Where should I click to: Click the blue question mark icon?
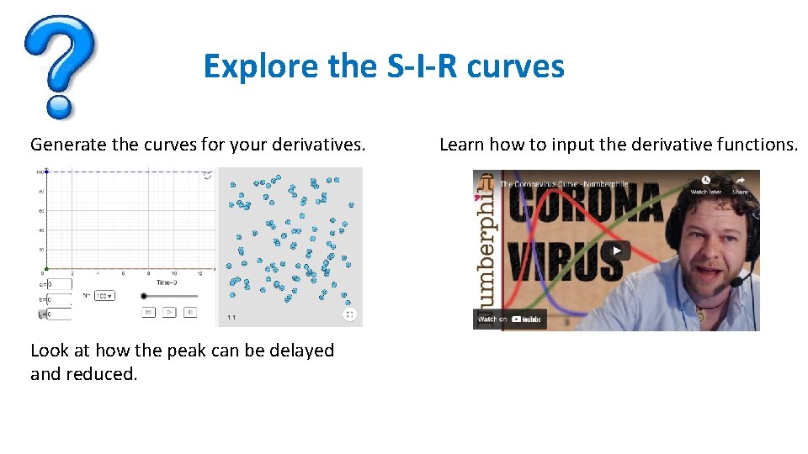pos(60,67)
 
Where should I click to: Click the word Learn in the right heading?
pos(461,145)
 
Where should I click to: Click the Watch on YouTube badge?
pos(510,319)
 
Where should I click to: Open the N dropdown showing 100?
pos(104,296)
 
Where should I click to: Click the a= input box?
pos(59,284)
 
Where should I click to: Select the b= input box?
pos(59,298)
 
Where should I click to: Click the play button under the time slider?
pos(169,313)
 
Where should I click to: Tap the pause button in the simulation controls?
pos(190,313)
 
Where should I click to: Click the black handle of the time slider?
pos(144,296)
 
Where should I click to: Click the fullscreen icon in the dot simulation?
pos(349,315)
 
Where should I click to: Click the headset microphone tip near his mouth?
pos(735,282)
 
